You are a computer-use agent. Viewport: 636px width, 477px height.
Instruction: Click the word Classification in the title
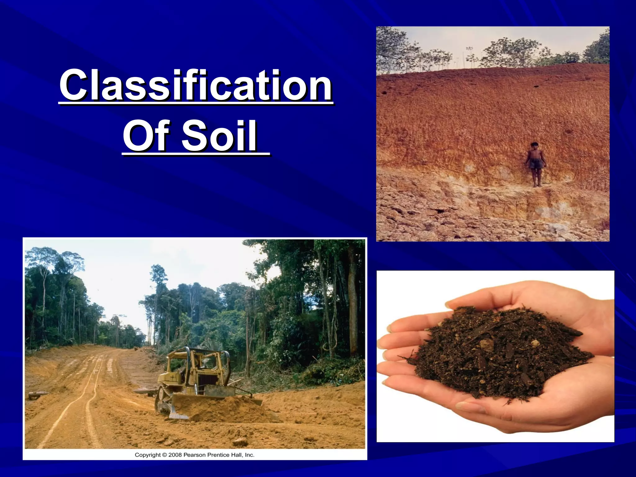(x=196, y=85)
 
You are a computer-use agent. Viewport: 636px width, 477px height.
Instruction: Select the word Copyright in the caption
(x=148, y=455)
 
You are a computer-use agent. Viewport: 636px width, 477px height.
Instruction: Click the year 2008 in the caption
(x=175, y=455)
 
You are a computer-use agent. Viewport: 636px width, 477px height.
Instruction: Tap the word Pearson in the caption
(x=195, y=455)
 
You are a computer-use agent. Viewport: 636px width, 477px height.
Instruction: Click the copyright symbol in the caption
(x=165, y=455)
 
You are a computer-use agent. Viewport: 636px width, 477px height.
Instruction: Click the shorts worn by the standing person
(x=535, y=164)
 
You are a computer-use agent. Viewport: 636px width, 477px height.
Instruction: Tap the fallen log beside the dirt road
(x=38, y=395)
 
